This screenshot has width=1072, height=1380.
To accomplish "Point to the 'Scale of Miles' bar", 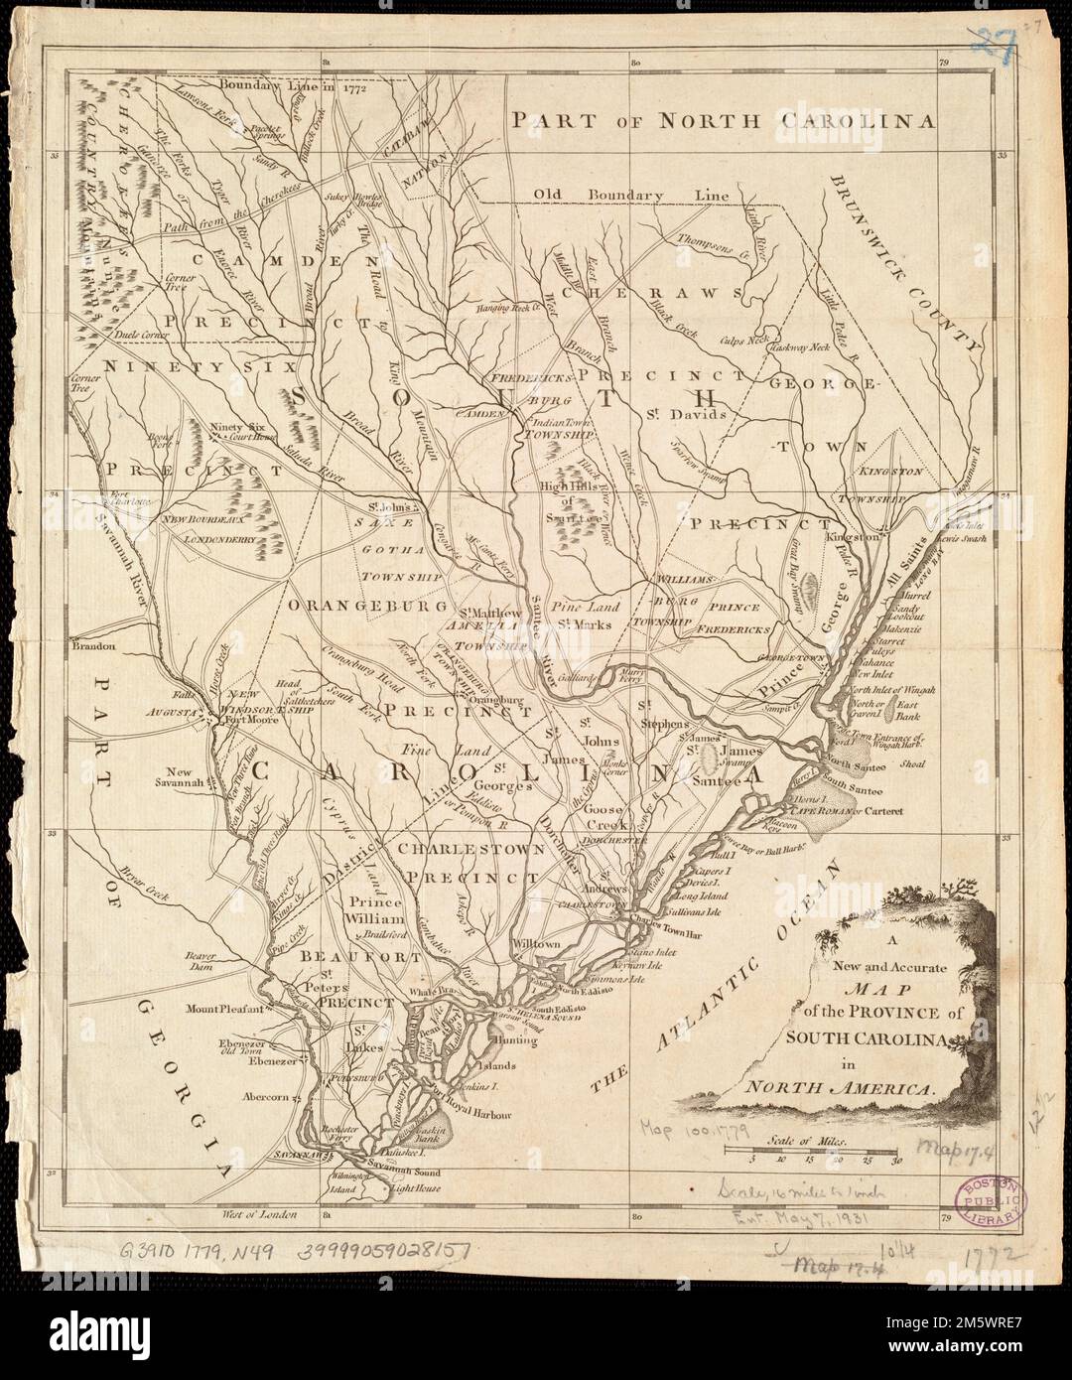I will click(x=812, y=1151).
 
